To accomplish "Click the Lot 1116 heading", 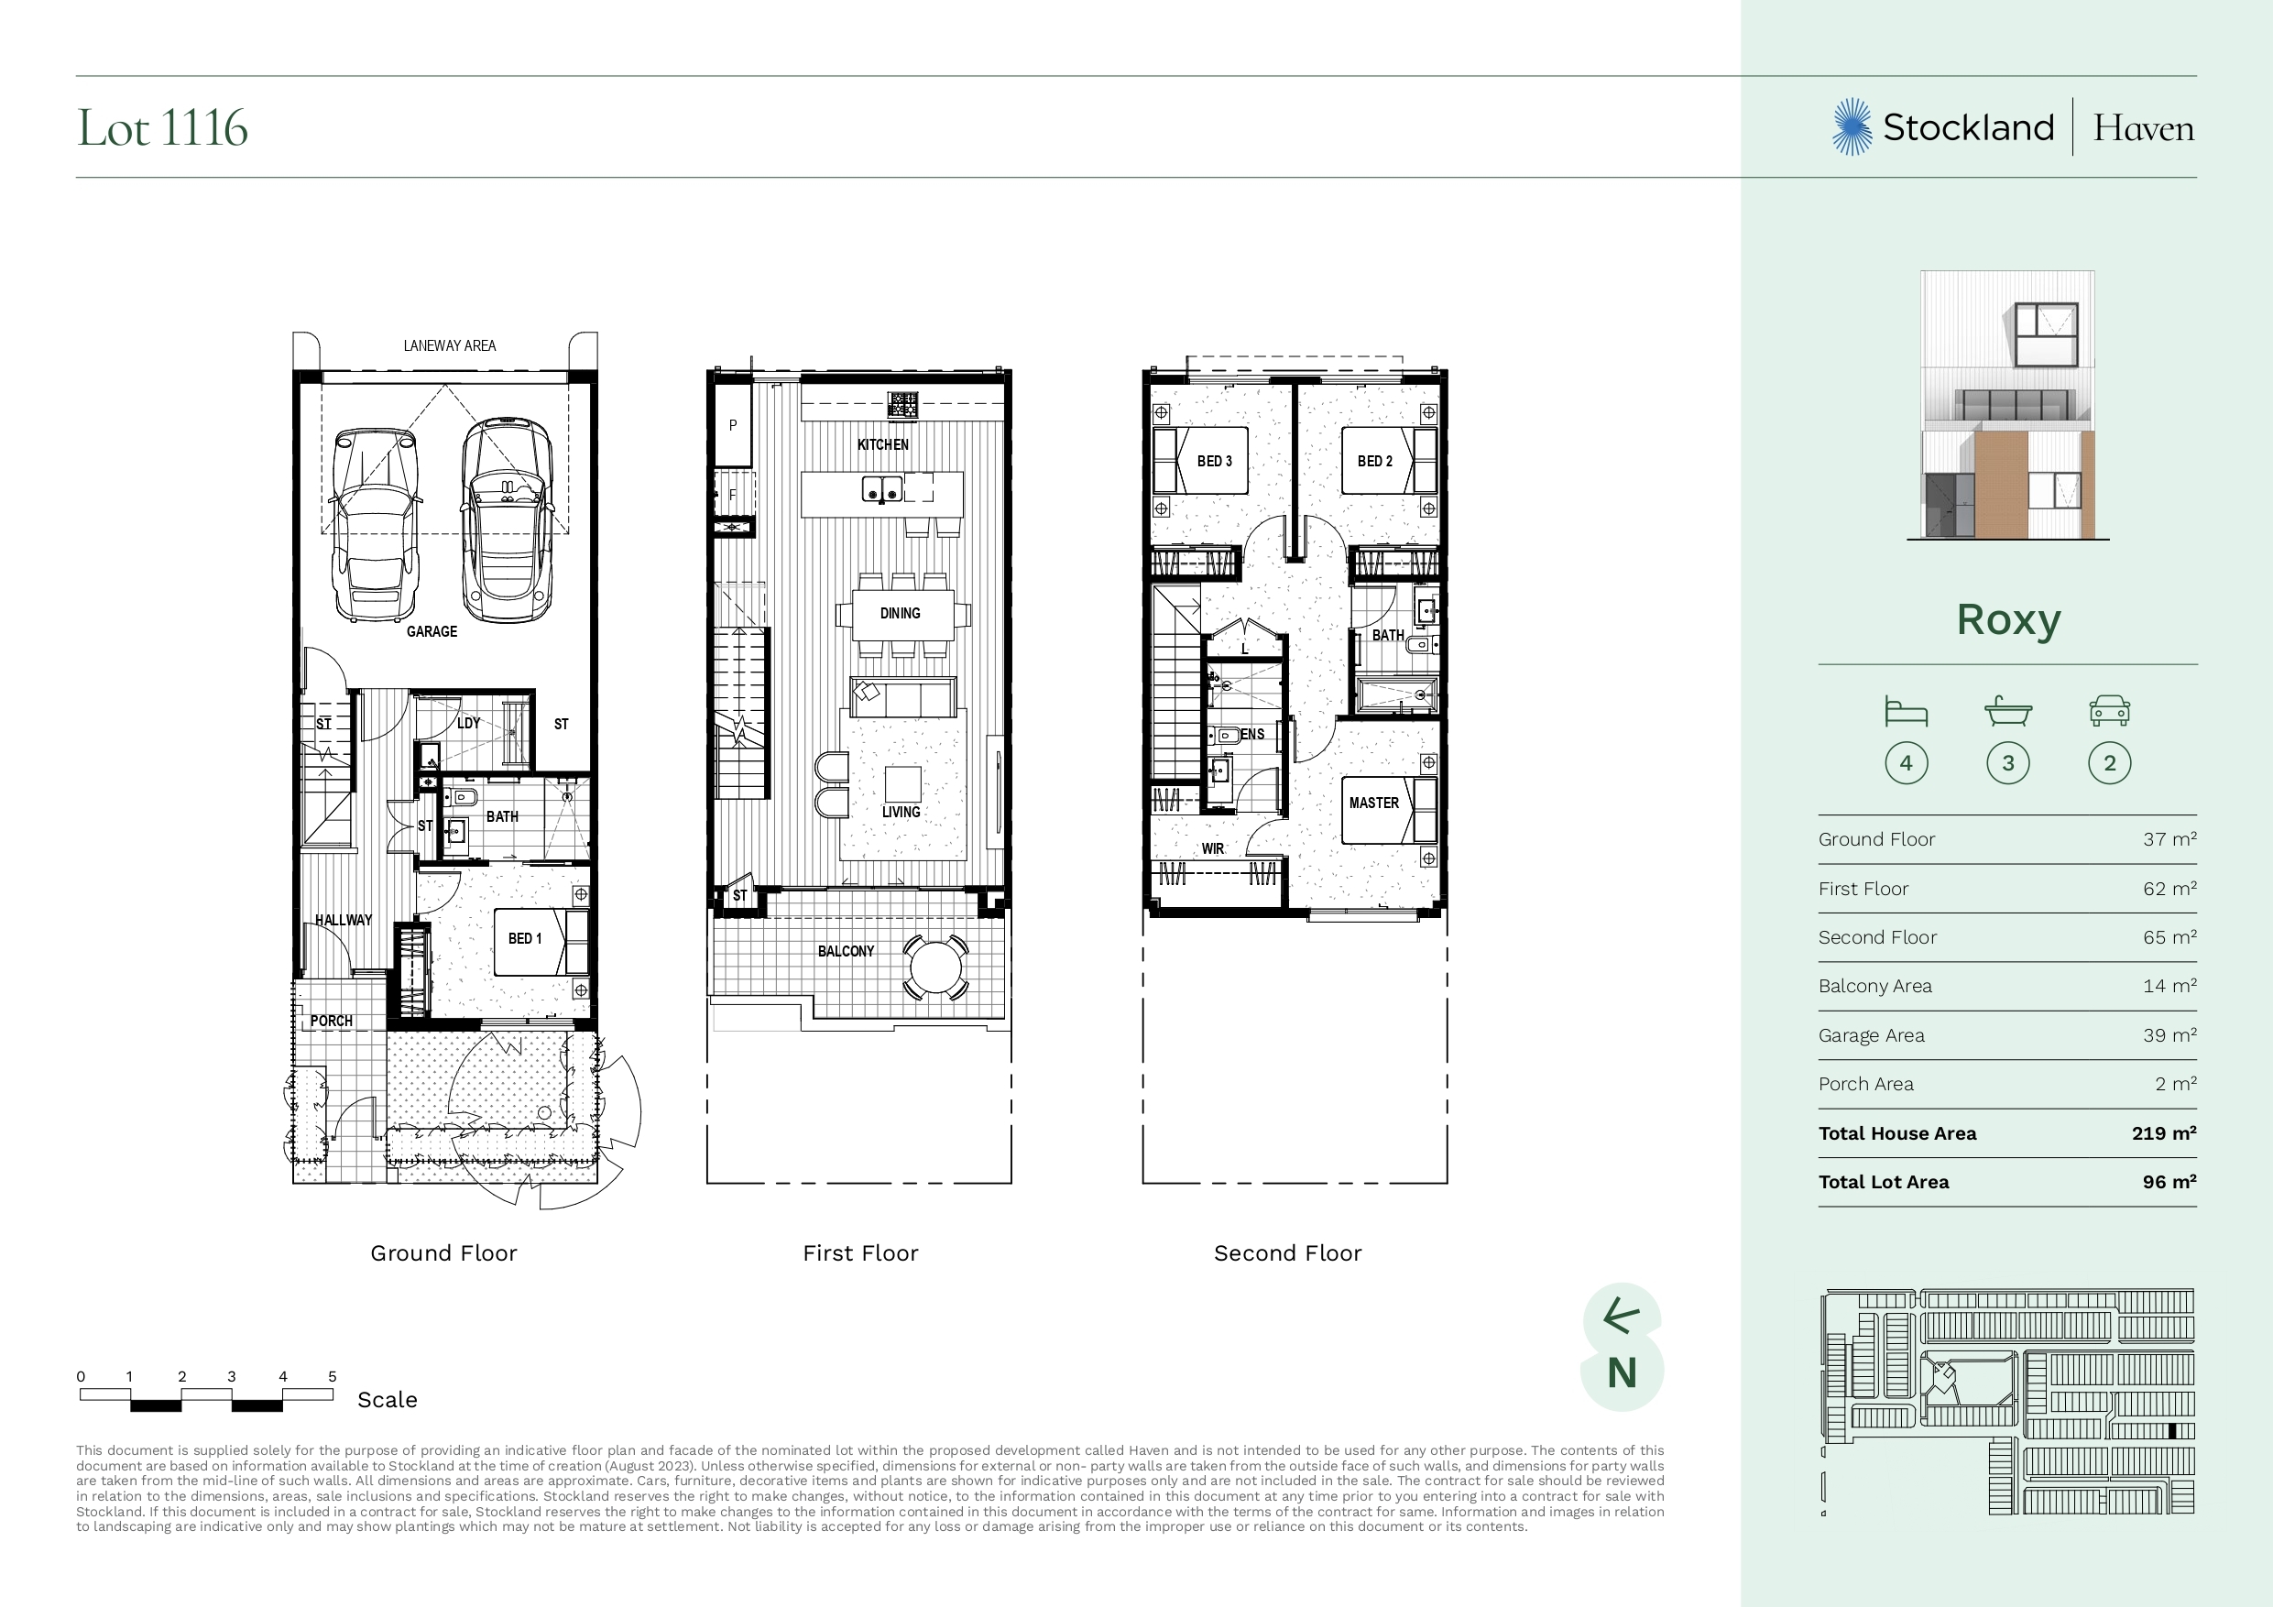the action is point(162,127).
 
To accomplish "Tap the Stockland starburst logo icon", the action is point(1852,126).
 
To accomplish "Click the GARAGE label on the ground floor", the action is point(432,631).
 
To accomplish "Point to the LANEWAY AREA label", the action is point(450,345).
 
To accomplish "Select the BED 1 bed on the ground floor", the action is point(541,942).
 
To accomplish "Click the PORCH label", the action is point(331,1021).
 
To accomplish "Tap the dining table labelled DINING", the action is point(901,614).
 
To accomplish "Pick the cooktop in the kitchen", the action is point(902,405).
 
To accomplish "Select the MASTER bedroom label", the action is point(1374,803).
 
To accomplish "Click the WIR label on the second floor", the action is point(1213,848).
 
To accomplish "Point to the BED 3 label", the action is point(1215,462).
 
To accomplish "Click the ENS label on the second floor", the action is point(1252,735).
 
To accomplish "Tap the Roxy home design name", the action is point(2007,621).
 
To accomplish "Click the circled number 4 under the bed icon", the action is point(1907,763).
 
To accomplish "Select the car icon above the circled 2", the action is point(2110,710).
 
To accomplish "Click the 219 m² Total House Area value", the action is point(2164,1132).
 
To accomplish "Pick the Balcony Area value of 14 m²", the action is point(2170,985).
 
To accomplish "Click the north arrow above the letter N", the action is point(1622,1316).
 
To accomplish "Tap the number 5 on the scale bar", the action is point(333,1376).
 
